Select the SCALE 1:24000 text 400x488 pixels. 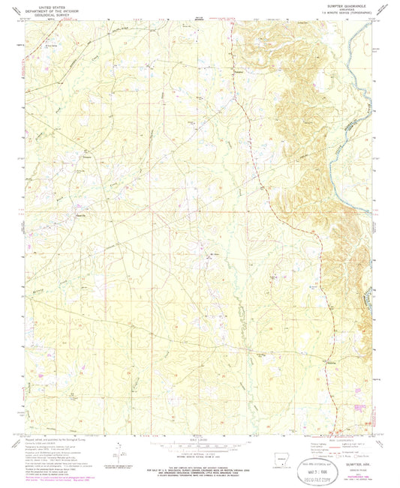197,436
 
